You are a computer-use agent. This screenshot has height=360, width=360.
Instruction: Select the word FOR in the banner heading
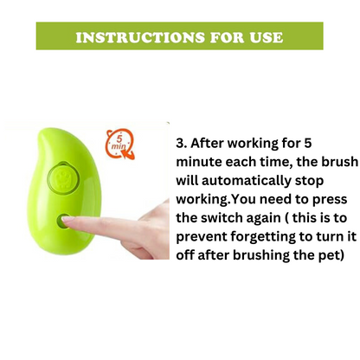point(228,37)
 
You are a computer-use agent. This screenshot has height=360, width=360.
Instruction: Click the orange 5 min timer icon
point(120,144)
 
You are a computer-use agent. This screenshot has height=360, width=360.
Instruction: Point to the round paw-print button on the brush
point(63,178)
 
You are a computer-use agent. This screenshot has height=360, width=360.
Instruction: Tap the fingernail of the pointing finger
point(67,220)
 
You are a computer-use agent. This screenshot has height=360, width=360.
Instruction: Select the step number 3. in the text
point(182,143)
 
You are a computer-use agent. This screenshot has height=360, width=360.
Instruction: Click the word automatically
point(247,181)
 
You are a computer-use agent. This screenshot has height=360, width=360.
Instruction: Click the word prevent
point(202,238)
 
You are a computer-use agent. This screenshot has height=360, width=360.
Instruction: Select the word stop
point(309,182)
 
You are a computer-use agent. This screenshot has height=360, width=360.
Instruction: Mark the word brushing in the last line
point(261,255)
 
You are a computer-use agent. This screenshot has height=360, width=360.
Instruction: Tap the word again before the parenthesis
point(263,219)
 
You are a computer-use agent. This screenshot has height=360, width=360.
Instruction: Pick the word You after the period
point(241,199)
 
